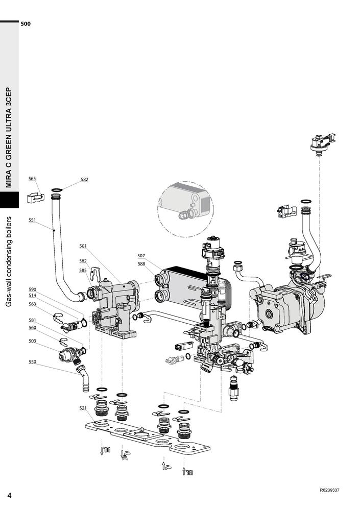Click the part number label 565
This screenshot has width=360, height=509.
[x=32, y=179]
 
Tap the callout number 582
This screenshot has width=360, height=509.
[x=84, y=179]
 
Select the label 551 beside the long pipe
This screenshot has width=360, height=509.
[x=32, y=220]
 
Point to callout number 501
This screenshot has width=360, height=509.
[x=83, y=246]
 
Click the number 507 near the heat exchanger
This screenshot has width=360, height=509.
[x=141, y=256]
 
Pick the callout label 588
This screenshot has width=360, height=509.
[x=141, y=263]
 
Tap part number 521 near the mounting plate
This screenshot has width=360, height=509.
[x=83, y=408]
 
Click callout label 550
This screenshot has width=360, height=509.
[x=32, y=361]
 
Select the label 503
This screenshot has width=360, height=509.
[x=32, y=341]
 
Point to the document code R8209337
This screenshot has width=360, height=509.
[x=329, y=490]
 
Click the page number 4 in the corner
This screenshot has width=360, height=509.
[x=9, y=495]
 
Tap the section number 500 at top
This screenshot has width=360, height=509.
[x=26, y=23]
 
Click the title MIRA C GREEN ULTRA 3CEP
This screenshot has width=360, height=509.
[x=9, y=137]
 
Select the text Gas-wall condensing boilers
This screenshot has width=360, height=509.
[x=9, y=261]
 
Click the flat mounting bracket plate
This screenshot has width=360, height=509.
[x=148, y=437]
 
